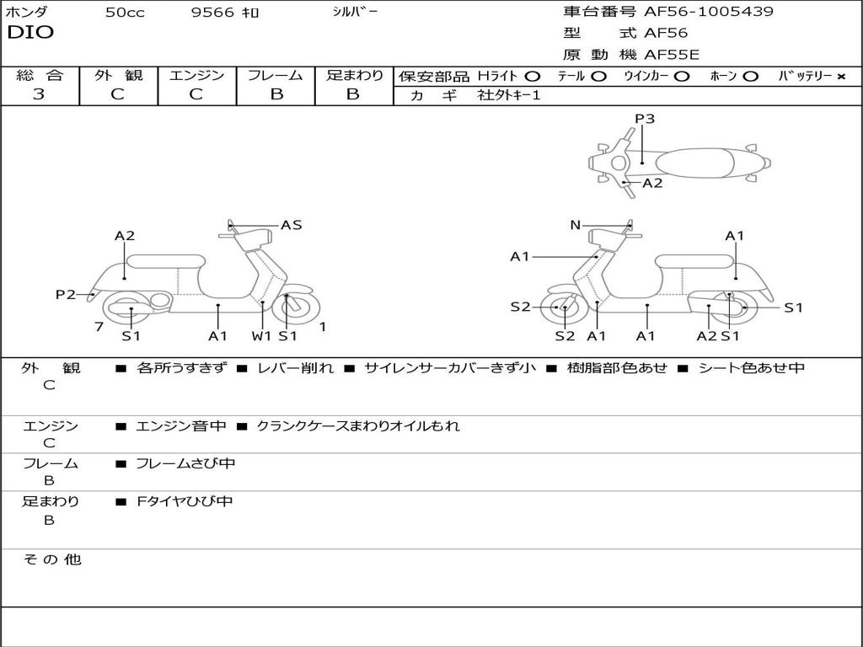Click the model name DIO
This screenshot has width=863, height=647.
tap(30, 33)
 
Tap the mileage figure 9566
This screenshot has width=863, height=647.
tap(213, 13)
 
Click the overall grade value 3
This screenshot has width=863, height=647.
tap(39, 94)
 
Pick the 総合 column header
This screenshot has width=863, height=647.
tap(40, 75)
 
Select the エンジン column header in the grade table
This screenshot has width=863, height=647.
tap(196, 75)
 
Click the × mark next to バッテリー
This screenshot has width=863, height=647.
tap(841, 77)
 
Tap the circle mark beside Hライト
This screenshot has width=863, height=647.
tap(533, 77)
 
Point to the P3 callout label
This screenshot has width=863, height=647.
tap(645, 119)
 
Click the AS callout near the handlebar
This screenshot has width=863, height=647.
tap(292, 225)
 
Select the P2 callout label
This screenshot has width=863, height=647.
tap(66, 294)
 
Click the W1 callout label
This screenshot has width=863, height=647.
tap(262, 336)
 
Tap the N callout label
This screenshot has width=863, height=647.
tap(575, 225)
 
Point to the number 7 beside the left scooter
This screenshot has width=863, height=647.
tap(99, 326)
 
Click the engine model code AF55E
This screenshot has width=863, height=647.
tap(671, 55)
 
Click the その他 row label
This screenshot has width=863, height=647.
tap(51, 559)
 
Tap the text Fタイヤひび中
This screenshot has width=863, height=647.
tap(185, 501)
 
